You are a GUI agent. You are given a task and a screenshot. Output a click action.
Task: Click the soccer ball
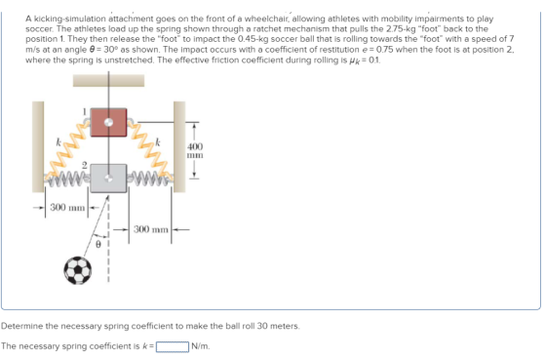click(78, 270)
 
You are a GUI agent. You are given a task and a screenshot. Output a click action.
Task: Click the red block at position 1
click(108, 122)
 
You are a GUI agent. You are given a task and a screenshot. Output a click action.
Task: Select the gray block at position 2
click(108, 179)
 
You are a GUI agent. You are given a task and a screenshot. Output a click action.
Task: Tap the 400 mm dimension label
click(195, 150)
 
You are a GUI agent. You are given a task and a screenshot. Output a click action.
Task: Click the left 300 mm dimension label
click(67, 208)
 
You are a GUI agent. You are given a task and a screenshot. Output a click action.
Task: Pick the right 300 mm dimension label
click(151, 229)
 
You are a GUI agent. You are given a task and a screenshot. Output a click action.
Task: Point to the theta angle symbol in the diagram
click(98, 245)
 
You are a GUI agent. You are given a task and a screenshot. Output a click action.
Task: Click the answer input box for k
click(173, 346)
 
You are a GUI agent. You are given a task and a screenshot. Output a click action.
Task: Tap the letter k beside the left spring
click(58, 142)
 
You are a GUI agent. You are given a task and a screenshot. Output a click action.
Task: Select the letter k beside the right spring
click(158, 142)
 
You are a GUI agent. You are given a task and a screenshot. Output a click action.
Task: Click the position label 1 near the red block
click(84, 111)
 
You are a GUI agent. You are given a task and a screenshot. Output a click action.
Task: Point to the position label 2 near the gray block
click(84, 165)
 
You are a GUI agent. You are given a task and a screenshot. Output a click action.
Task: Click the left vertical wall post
click(38, 146)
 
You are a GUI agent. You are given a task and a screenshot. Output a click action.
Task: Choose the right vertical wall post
click(179, 146)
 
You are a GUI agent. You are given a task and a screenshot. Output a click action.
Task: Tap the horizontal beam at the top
click(108, 81)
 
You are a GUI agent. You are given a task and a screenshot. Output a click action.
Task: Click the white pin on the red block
click(108, 122)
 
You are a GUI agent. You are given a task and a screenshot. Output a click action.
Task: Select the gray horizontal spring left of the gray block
click(67, 178)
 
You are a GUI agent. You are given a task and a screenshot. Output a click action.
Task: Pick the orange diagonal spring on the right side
click(150, 148)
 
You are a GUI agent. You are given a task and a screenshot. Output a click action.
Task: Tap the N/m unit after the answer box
click(201, 346)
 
